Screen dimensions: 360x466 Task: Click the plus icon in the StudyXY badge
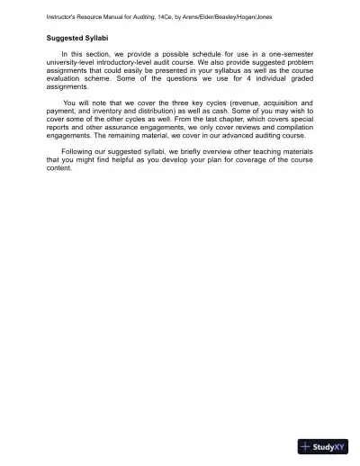coord(308,447)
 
